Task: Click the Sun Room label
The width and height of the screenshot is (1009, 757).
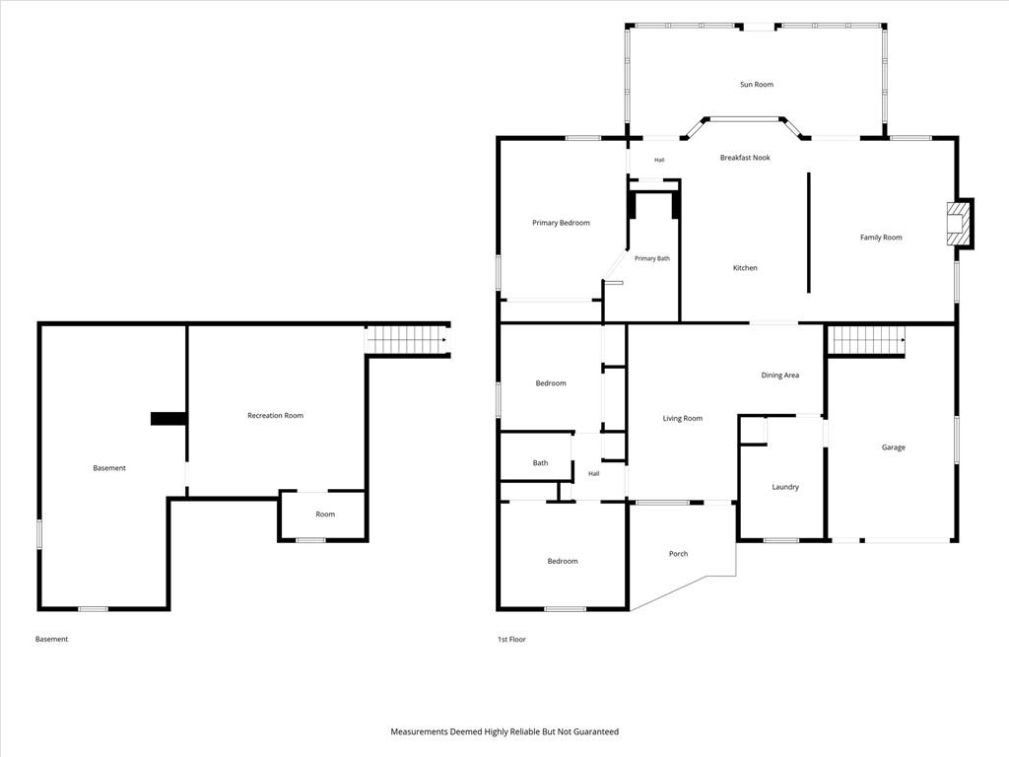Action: click(756, 85)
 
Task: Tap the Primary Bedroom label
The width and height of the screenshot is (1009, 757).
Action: click(561, 223)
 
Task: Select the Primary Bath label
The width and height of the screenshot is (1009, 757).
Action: click(652, 258)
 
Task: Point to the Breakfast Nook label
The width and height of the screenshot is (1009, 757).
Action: click(745, 157)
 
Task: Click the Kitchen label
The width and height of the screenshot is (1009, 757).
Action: click(745, 268)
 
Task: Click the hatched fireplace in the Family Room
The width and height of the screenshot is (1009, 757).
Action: click(958, 224)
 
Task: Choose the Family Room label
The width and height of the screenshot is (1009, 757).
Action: click(880, 238)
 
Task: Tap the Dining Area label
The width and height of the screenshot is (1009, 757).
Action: click(780, 376)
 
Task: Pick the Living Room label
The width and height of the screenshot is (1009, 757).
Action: click(682, 418)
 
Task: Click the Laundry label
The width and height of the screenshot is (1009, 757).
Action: click(785, 487)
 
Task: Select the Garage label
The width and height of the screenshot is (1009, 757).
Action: click(893, 447)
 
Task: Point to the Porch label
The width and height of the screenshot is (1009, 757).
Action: click(678, 554)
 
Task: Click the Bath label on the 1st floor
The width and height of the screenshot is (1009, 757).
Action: click(540, 463)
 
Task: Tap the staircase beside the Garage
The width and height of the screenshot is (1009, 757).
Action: click(866, 340)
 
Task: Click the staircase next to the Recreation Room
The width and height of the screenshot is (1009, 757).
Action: click(407, 340)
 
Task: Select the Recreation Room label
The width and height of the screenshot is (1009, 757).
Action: click(275, 416)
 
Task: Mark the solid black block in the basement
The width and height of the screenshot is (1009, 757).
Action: click(168, 418)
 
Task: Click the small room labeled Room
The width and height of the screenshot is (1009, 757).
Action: click(323, 516)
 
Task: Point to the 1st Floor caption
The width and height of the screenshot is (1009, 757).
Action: click(511, 639)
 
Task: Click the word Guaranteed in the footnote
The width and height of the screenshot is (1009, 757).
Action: click(596, 731)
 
